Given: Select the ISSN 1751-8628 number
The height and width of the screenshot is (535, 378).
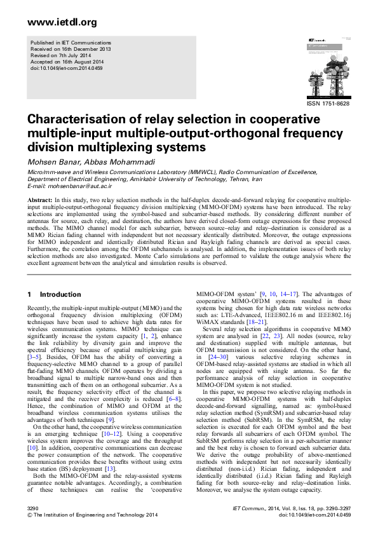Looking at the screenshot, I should (x=328, y=104).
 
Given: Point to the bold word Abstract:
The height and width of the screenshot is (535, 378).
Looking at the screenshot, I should (x=39, y=200).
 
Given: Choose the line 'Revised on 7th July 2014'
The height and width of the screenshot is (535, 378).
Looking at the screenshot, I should (x=60, y=55).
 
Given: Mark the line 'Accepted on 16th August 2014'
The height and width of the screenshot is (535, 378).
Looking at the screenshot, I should (x=65, y=61).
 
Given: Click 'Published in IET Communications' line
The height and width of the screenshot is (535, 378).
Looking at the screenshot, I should (x=69, y=42).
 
